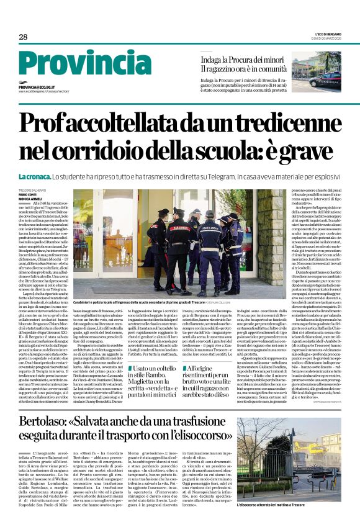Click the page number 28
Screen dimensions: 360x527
(x=23, y=37)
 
